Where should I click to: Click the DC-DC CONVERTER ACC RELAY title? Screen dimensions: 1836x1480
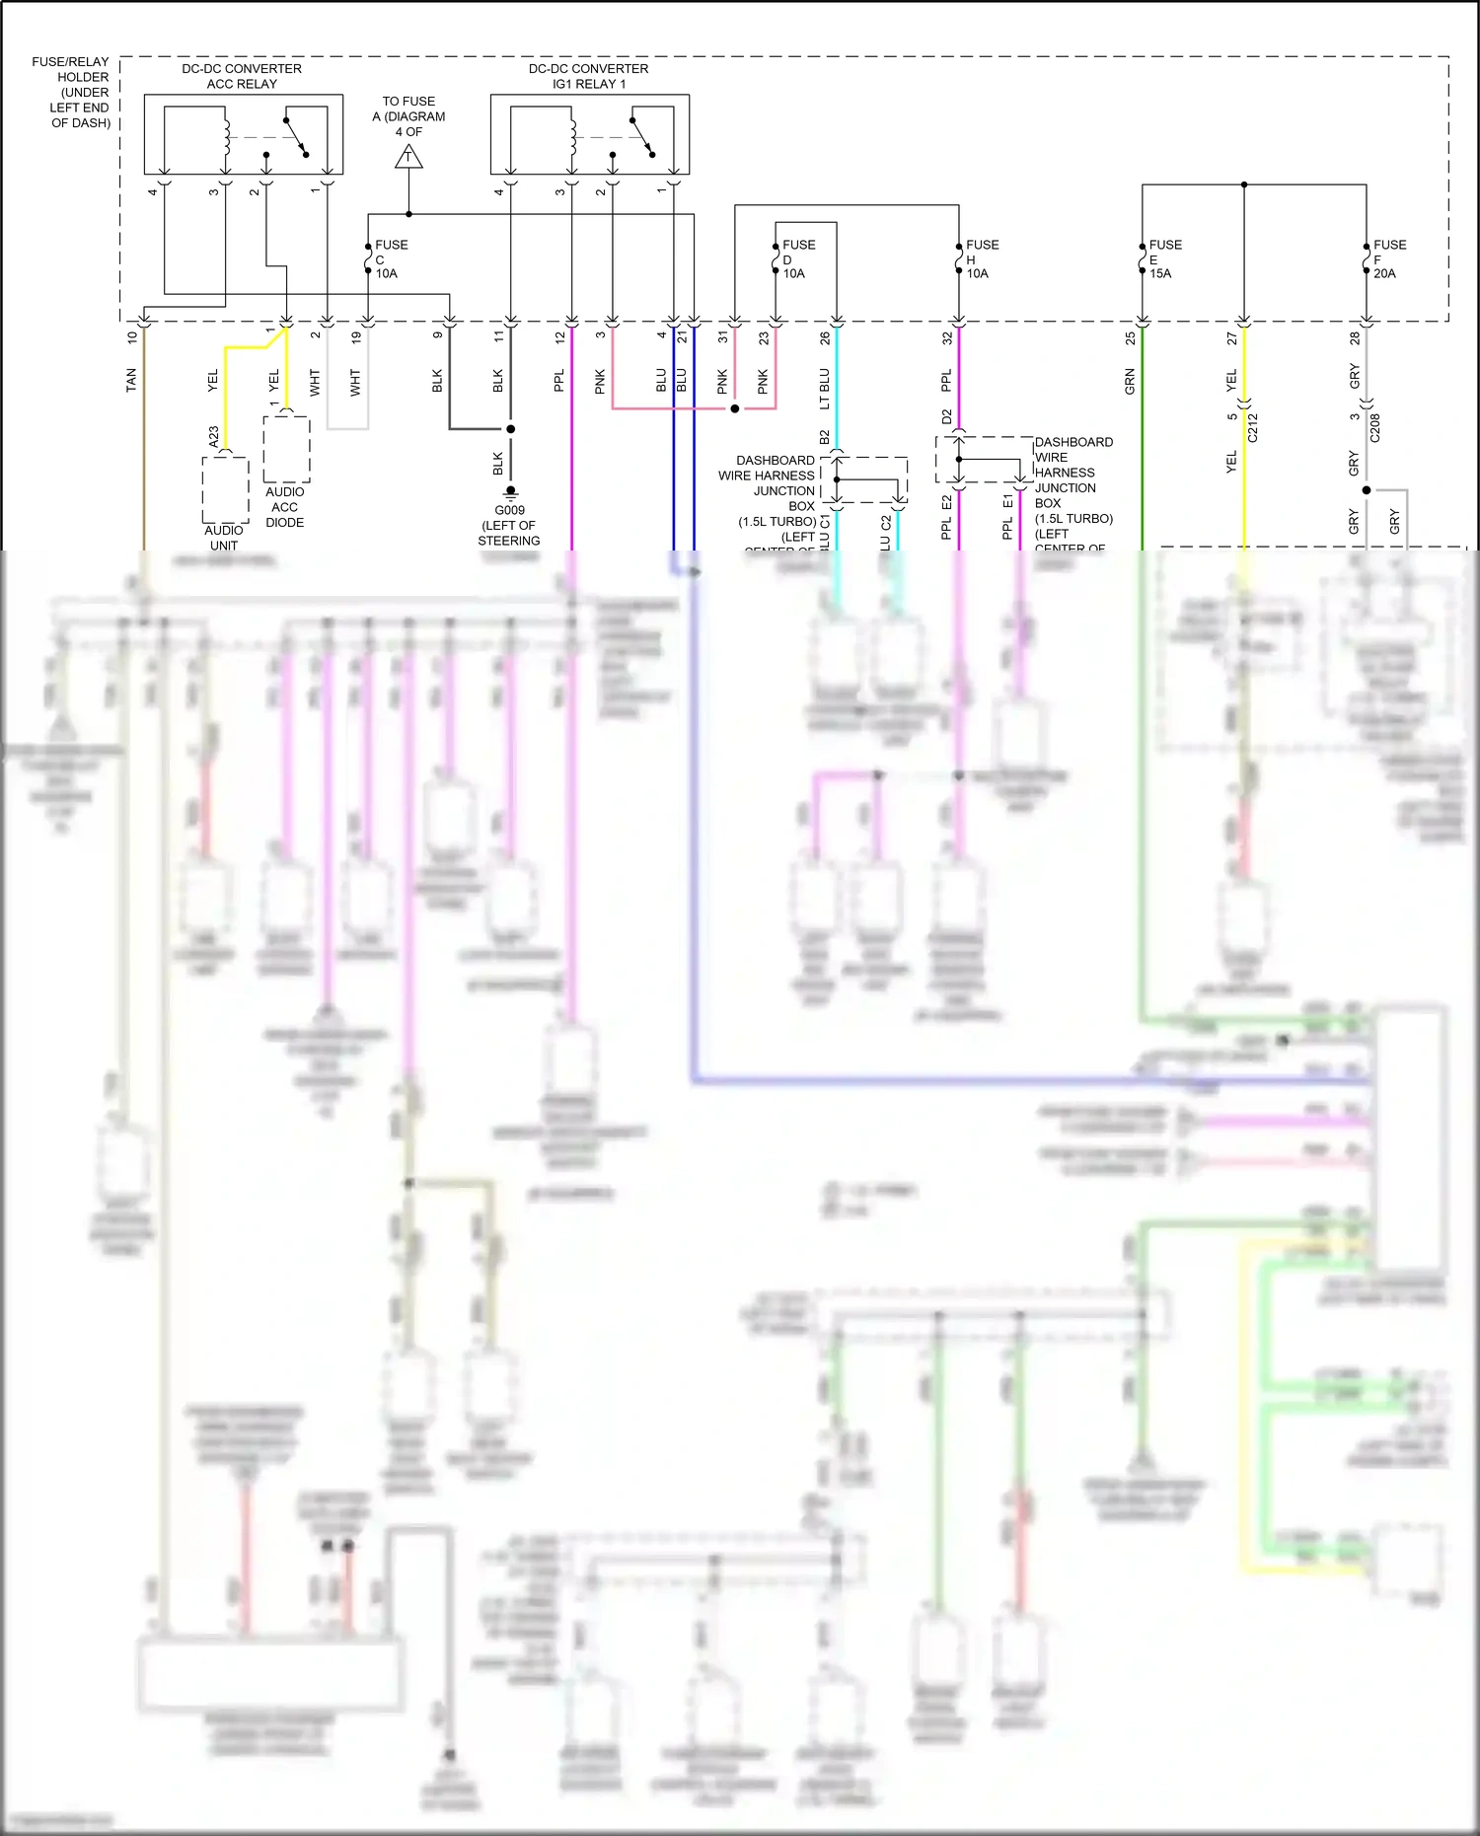click(x=242, y=76)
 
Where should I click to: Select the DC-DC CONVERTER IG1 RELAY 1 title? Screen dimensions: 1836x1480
click(x=588, y=76)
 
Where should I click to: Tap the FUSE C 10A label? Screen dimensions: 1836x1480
click(x=389, y=258)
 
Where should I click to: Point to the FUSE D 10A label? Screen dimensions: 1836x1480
click(x=796, y=258)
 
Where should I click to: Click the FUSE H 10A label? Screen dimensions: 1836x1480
click(x=980, y=258)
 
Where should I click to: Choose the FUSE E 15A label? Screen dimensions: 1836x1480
click(x=1163, y=258)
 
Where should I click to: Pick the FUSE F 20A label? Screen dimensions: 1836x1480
click(x=1388, y=258)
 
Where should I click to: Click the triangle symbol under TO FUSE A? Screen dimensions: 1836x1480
click(x=408, y=157)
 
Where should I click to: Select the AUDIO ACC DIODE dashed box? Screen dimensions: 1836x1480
click(x=286, y=449)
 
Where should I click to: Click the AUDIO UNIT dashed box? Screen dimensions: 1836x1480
click(x=225, y=489)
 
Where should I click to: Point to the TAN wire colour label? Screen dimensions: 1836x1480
click(x=131, y=380)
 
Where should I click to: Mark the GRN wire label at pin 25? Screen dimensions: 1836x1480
click(x=1130, y=382)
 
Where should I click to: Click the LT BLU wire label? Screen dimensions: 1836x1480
click(x=825, y=389)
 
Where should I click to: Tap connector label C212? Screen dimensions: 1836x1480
click(x=1252, y=427)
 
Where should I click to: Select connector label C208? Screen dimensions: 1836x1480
click(x=1374, y=427)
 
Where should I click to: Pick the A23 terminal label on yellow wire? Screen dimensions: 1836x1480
click(x=214, y=437)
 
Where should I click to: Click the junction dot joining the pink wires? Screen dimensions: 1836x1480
click(x=734, y=407)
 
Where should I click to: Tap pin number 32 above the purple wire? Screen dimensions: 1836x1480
click(x=947, y=337)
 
